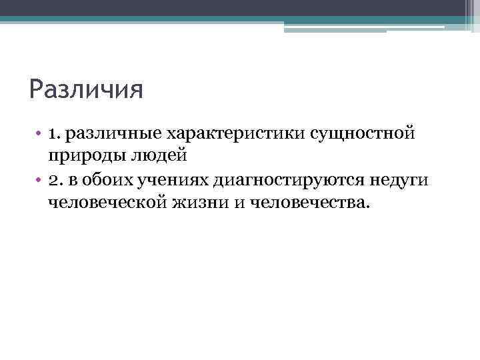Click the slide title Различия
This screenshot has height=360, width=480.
click(86, 88)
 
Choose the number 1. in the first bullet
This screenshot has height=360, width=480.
click(55, 135)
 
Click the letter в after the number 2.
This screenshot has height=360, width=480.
click(73, 179)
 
